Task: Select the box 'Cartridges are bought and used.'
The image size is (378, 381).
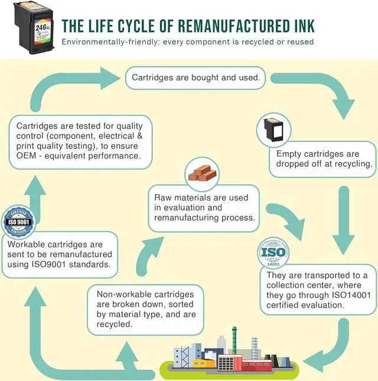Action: click(195, 78)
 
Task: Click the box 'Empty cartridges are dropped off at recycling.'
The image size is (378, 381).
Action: click(321, 159)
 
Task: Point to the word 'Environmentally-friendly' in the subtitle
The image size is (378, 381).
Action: click(107, 42)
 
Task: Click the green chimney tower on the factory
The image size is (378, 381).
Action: click(234, 340)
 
